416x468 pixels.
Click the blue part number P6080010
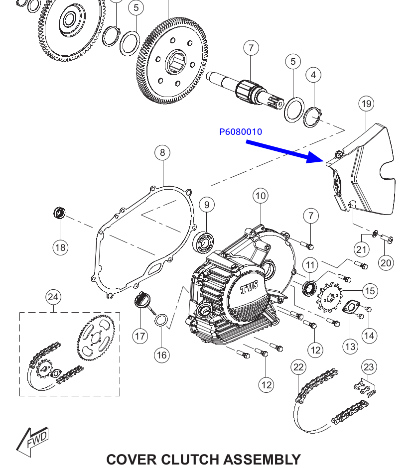point(241,132)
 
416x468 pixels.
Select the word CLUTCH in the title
point(191,459)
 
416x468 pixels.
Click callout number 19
point(366,104)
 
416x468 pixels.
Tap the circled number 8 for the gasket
point(162,152)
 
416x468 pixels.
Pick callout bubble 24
point(53,297)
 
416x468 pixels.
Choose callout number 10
point(261,196)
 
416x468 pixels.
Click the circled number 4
point(313,75)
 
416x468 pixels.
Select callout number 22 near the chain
point(298,367)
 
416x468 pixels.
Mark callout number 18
point(60,247)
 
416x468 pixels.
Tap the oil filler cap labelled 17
point(141,302)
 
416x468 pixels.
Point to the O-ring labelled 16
point(160,320)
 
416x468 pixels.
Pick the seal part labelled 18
point(60,214)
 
